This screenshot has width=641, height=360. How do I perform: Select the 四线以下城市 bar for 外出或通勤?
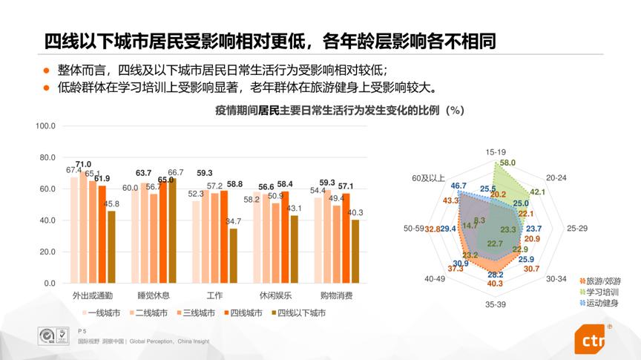[111, 247]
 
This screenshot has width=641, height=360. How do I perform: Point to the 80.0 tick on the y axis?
[47, 157]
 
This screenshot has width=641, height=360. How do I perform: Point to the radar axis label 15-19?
[496, 152]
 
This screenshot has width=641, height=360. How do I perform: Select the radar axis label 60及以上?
[430, 179]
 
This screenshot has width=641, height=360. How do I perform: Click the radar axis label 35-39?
[496, 304]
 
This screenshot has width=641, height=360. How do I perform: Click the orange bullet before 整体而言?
[45, 71]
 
